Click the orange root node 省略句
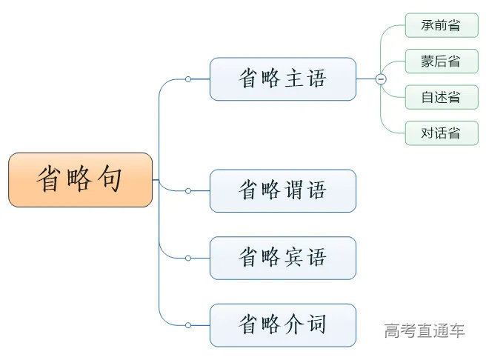[x=81, y=179]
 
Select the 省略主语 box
[x=282, y=79]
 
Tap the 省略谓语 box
[x=282, y=190]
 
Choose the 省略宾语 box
[x=282, y=258]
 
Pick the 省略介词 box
[x=282, y=324]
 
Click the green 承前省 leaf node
[x=441, y=25]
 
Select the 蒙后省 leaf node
[x=441, y=61]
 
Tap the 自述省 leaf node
[x=441, y=97]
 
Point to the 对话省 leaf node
[x=441, y=133]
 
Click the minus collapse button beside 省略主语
[x=381, y=79]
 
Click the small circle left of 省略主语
[x=188, y=79]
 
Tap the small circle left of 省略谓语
[x=188, y=191]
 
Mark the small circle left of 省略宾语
[x=188, y=258]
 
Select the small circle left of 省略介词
[x=188, y=325]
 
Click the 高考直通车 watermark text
[x=425, y=330]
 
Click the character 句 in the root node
[x=108, y=179]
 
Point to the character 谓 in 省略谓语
[x=293, y=190]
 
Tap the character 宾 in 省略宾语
[x=293, y=258]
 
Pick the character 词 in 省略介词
[x=316, y=324]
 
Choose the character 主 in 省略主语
[x=293, y=79]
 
